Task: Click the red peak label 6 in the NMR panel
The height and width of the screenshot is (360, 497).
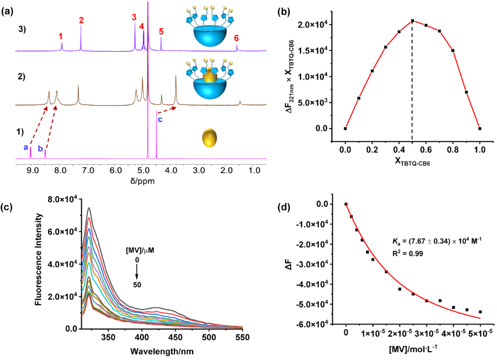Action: pyautogui.click(x=236, y=37)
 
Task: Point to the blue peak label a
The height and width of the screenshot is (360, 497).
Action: pyautogui.click(x=26, y=147)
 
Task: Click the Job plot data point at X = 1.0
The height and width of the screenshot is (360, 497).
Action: pyautogui.click(x=480, y=128)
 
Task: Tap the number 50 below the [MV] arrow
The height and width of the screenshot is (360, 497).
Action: pyautogui.click(x=137, y=284)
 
